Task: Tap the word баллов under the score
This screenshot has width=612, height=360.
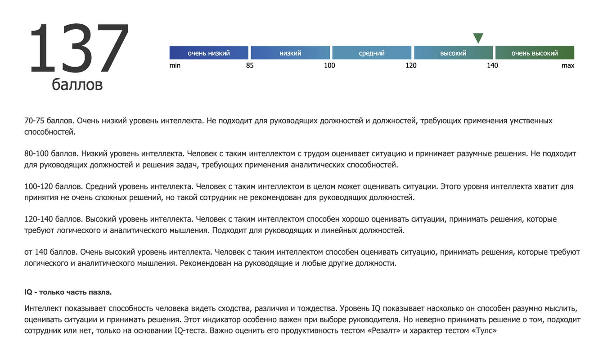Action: (x=77, y=84)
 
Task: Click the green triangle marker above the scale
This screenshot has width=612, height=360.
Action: (x=478, y=38)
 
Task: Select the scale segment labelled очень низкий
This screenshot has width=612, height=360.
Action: (x=209, y=53)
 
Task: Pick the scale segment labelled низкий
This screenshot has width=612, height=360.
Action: (x=290, y=53)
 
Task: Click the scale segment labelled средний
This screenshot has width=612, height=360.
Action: (x=372, y=53)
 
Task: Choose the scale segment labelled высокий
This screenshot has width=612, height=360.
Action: (x=453, y=53)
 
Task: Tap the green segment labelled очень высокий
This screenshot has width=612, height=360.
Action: (x=535, y=53)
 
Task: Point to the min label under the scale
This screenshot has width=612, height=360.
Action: (x=175, y=66)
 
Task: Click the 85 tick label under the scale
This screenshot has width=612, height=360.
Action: (x=250, y=66)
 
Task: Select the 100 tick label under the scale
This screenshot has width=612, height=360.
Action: (x=329, y=66)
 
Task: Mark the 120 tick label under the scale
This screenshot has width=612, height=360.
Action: (x=411, y=66)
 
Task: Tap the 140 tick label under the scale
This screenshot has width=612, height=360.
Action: (x=492, y=66)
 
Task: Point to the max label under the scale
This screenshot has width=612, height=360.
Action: (x=568, y=66)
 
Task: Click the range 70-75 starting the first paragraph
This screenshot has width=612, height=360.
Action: (x=34, y=121)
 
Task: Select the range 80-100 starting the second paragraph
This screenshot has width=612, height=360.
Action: (x=36, y=154)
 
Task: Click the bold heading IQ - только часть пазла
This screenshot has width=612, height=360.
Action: (x=68, y=292)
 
